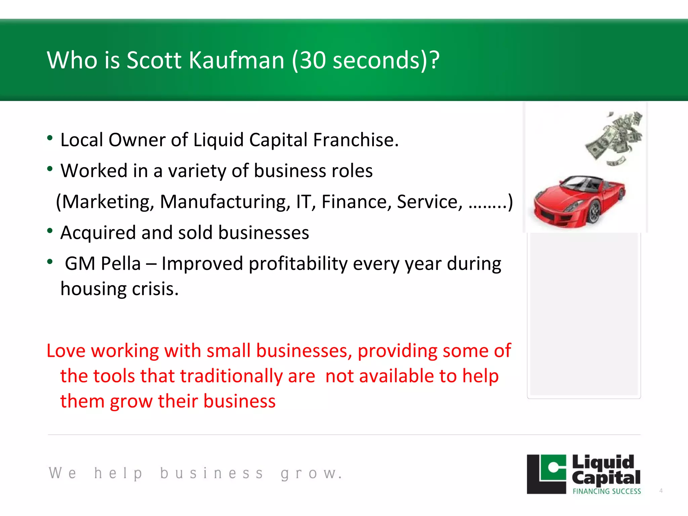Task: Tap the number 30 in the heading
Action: coord(312,60)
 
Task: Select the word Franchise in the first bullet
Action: coord(355,140)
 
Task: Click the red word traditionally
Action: coord(231,376)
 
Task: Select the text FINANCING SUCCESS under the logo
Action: coord(607,491)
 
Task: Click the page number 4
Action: coord(661,491)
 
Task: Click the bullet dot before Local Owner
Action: coord(50,138)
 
